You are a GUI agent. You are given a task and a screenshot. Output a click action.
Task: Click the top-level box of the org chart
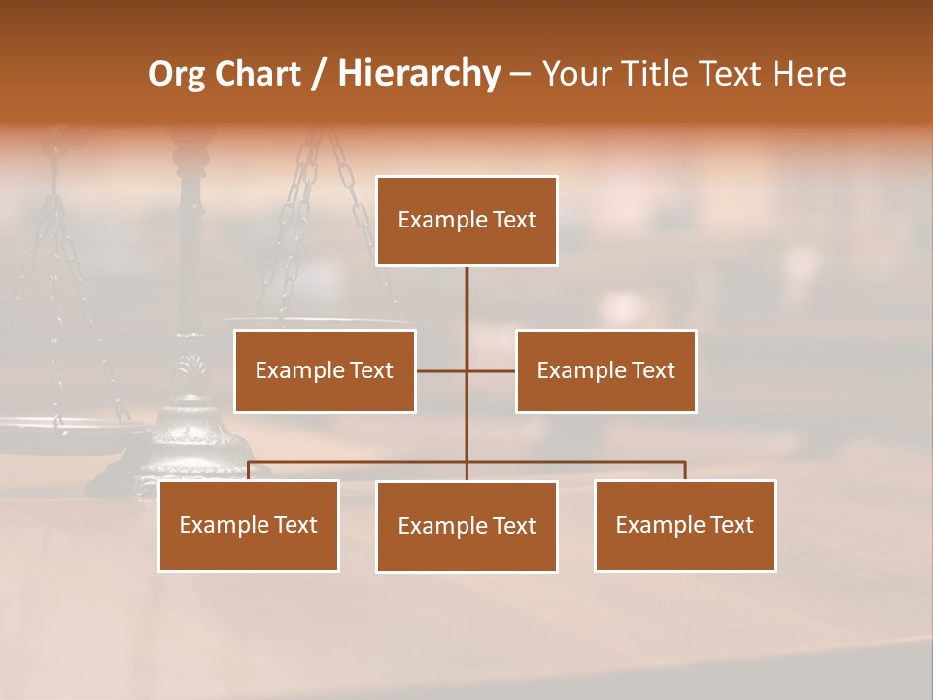(x=466, y=221)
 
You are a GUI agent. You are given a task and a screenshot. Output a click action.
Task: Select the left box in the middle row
(x=325, y=370)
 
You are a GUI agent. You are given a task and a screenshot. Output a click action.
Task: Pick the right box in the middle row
(x=605, y=370)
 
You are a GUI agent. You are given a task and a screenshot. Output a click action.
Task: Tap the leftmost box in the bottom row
(x=249, y=525)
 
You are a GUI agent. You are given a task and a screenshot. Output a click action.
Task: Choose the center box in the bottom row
(x=466, y=526)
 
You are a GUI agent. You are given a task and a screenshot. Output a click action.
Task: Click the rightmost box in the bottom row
(x=684, y=525)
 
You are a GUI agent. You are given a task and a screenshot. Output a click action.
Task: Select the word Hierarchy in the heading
(x=418, y=74)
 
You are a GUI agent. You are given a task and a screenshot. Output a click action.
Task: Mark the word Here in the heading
(x=809, y=74)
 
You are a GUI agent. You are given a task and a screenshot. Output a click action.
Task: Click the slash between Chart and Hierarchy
(x=319, y=74)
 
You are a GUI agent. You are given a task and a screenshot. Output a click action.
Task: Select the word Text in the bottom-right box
(x=730, y=525)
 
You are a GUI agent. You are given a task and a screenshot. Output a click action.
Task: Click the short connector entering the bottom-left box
(x=249, y=471)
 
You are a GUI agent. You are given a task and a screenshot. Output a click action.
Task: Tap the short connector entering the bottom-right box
(x=684, y=471)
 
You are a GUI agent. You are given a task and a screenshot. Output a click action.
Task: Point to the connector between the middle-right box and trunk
(x=492, y=370)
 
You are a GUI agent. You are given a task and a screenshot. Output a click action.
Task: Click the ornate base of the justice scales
(x=185, y=428)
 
